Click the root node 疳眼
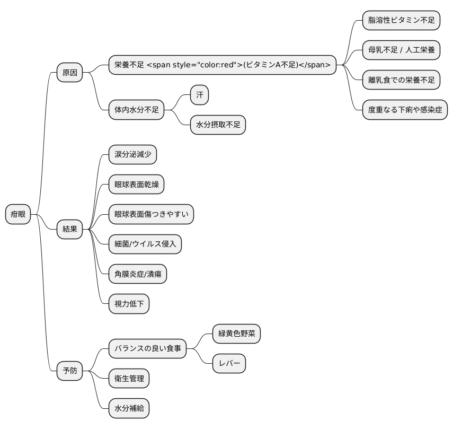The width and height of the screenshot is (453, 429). [18, 214]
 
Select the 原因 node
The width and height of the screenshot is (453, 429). [70, 73]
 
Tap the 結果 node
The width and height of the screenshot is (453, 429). [70, 230]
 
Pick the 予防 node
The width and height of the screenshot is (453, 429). [70, 371]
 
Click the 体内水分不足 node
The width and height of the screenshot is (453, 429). [137, 110]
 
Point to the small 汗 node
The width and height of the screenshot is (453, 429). [200, 95]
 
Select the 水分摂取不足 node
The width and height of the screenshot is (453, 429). [218, 125]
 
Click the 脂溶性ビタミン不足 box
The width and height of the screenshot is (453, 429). [401, 21]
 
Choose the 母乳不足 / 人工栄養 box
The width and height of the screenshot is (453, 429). [401, 50]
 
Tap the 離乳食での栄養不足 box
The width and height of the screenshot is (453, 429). [401, 81]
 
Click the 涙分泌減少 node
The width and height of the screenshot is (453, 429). [132, 155]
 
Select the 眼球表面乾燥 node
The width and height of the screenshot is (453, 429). [136, 185]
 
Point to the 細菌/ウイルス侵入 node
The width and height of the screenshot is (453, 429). [145, 244]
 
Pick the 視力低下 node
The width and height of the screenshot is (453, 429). [129, 304]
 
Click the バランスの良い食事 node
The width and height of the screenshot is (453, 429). [148, 348]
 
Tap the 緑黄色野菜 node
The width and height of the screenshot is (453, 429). [236, 334]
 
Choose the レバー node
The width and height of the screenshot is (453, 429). [229, 364]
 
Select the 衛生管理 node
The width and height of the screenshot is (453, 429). [129, 379]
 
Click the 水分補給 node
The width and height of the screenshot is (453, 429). [129, 408]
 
